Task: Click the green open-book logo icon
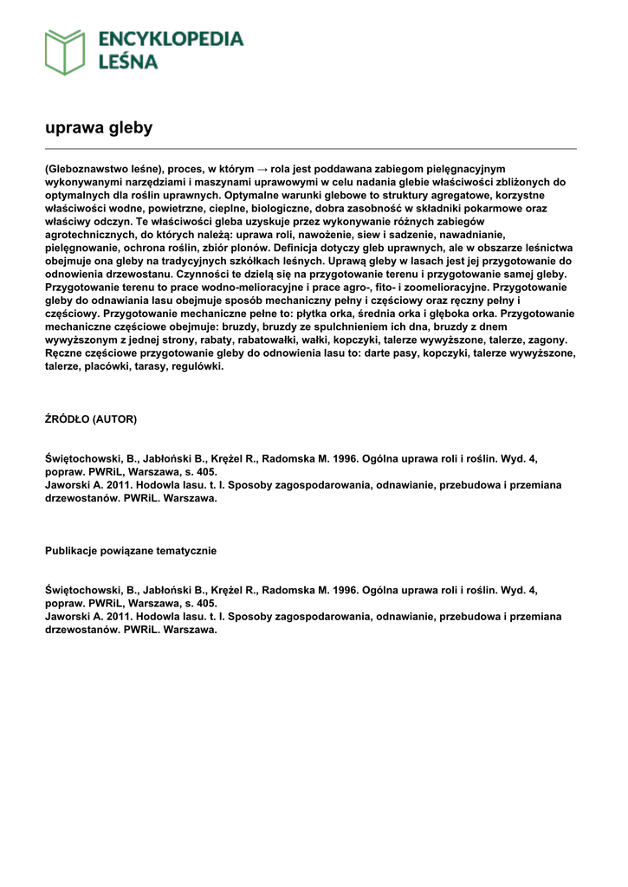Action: (65, 51)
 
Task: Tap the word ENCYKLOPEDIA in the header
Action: (171, 39)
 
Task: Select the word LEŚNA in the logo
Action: (128, 62)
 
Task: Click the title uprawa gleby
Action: (99, 128)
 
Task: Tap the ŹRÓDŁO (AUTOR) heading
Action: (91, 419)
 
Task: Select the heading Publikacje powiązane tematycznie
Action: (131, 551)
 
